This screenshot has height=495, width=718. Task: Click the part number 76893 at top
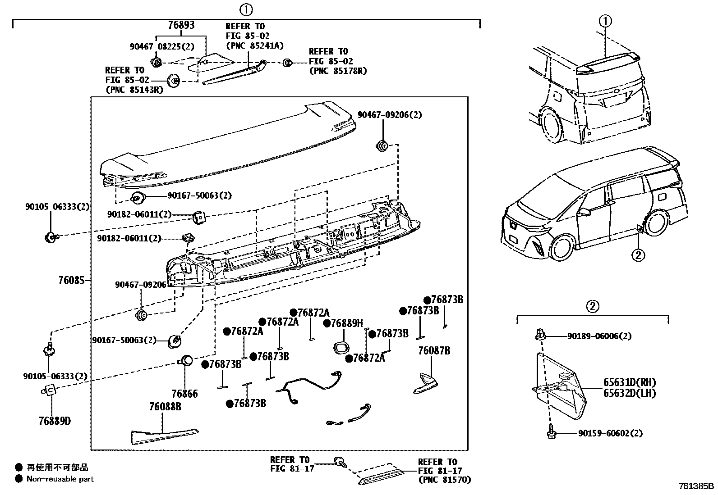(x=181, y=25)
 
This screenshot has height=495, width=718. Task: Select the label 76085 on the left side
(x=71, y=281)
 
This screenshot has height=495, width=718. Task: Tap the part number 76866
(x=184, y=394)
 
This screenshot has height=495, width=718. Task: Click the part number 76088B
(x=165, y=407)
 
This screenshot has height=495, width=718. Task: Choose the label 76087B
(x=434, y=350)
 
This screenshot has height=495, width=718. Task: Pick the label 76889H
(x=346, y=323)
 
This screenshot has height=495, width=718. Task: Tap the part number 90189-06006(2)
(x=599, y=336)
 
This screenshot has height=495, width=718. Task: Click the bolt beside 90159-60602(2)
(x=551, y=433)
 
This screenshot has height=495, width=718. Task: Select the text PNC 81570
(x=444, y=480)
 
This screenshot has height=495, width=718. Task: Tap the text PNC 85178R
(x=338, y=71)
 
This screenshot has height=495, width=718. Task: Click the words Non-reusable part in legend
(x=60, y=479)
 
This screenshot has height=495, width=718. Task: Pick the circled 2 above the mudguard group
(x=592, y=307)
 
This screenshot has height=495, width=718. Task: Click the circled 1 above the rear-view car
(x=605, y=21)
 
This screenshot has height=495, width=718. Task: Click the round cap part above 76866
(x=187, y=360)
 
